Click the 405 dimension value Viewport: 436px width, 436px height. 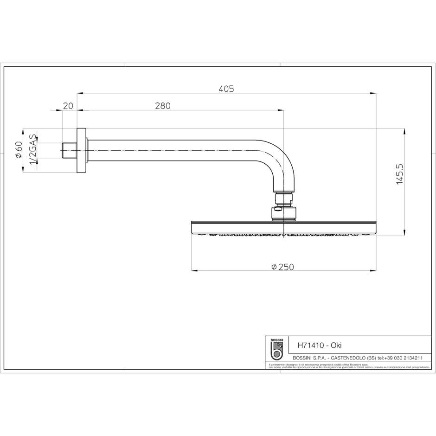click(x=226, y=88)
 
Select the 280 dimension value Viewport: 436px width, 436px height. click(x=163, y=106)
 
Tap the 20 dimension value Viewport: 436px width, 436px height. click(x=68, y=106)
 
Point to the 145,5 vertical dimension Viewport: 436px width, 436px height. click(x=400, y=174)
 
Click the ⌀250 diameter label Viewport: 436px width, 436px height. click(x=283, y=267)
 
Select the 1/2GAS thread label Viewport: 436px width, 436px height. click(x=33, y=149)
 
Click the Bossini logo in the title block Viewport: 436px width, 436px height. click(x=276, y=349)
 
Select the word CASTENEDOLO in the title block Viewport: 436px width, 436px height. click(x=348, y=358)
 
